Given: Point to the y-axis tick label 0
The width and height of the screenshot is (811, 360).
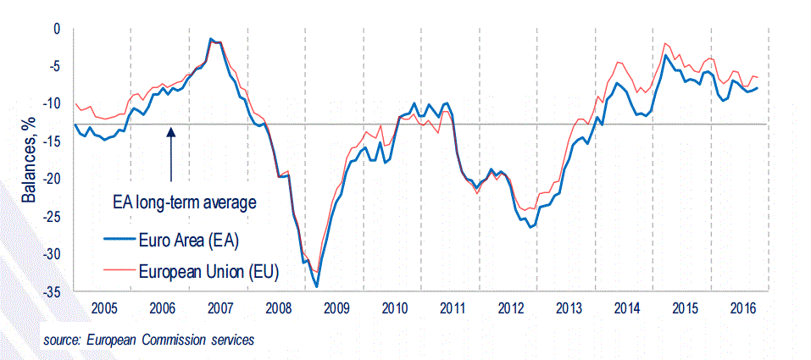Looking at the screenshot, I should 58,29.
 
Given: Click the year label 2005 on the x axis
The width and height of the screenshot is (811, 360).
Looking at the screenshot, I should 103,307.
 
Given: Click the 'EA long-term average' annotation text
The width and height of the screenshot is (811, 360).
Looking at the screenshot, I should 184,202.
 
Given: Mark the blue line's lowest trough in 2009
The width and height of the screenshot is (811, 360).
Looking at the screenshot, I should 317,286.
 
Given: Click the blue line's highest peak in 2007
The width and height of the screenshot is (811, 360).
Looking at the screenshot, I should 211,39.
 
